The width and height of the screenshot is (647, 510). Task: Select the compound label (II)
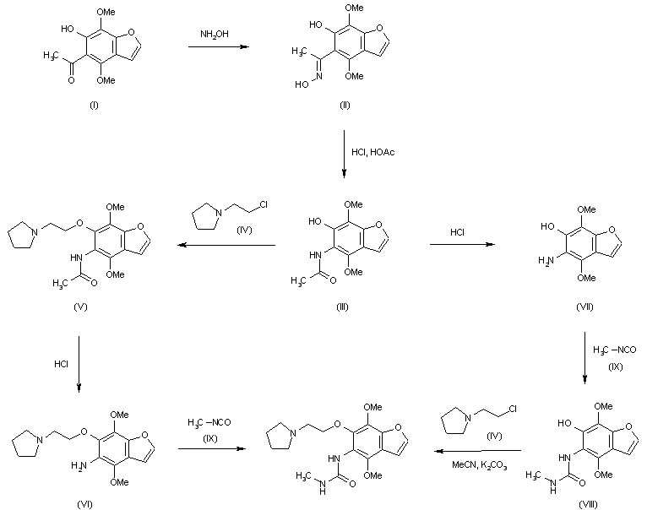point(344,105)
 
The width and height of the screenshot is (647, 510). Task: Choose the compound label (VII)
point(583,305)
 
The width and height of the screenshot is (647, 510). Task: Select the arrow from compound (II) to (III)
point(345,152)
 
